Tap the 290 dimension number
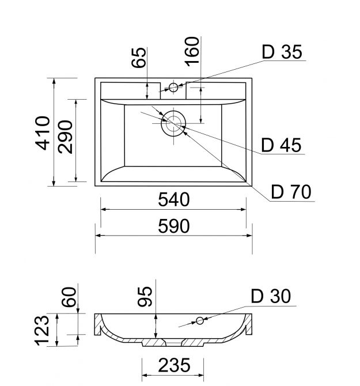coord(66,137)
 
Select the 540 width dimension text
coord(174,199)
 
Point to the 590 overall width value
coord(174,226)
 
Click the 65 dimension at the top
coord(139,58)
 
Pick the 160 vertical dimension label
coord(192,52)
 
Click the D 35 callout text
coord(282,52)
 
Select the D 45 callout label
coord(281,145)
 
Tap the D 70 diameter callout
coord(291,192)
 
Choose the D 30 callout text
coord(271,296)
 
